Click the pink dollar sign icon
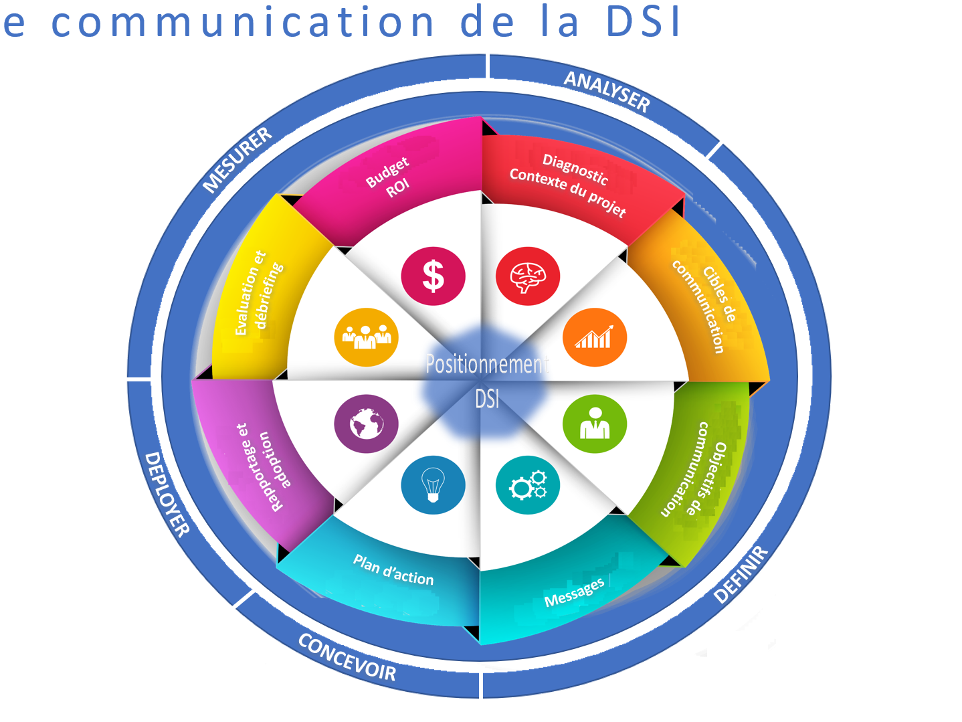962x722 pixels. (x=433, y=276)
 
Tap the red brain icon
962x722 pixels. (x=528, y=276)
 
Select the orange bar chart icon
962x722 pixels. (x=595, y=337)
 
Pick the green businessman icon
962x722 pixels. (x=595, y=424)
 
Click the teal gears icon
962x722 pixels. (x=528, y=485)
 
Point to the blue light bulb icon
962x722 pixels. (x=433, y=485)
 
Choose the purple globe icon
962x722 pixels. (x=366, y=424)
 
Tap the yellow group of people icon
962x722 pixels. (x=366, y=337)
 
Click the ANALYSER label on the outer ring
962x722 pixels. (x=607, y=91)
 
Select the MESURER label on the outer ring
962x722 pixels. (x=237, y=159)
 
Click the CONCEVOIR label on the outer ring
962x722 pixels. (x=347, y=657)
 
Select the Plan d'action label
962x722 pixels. (x=393, y=570)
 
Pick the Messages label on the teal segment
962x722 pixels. (x=574, y=592)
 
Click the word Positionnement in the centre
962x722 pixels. (x=486, y=364)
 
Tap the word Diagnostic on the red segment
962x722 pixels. (x=575, y=169)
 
